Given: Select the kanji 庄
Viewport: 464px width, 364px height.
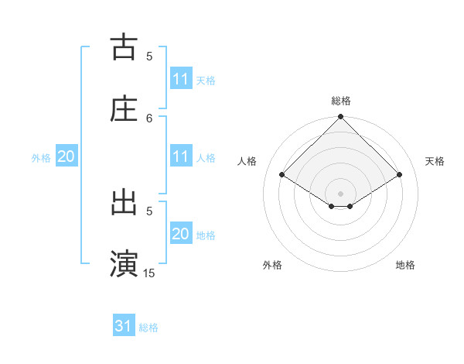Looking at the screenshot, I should tap(124, 108).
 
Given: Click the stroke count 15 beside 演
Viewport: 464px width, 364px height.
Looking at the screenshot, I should tap(149, 273).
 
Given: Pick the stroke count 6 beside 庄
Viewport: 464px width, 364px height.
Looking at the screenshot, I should tap(149, 118).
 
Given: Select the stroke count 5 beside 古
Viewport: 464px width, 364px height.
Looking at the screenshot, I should tap(149, 56).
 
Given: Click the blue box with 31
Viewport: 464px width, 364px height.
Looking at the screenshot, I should tap(124, 327).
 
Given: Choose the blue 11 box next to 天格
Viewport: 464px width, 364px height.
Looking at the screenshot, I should tap(181, 79).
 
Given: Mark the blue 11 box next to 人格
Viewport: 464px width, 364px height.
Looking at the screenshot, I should tap(181, 156).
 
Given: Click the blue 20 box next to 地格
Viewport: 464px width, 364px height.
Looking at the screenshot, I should tap(181, 234).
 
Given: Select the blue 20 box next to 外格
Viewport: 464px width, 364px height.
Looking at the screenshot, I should tap(66, 156).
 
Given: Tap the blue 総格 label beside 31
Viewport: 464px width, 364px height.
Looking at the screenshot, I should tap(148, 328).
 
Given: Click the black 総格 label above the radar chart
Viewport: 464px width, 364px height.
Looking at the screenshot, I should tap(341, 101).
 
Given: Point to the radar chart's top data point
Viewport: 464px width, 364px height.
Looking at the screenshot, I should tap(341, 118).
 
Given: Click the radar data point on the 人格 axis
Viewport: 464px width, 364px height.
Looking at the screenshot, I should tap(282, 175).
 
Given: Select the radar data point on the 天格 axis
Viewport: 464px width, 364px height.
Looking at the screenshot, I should tap(400, 175).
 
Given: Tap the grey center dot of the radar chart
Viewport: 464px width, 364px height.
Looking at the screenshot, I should tap(341, 193).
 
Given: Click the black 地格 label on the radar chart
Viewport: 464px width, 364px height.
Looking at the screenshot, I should tap(405, 265).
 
